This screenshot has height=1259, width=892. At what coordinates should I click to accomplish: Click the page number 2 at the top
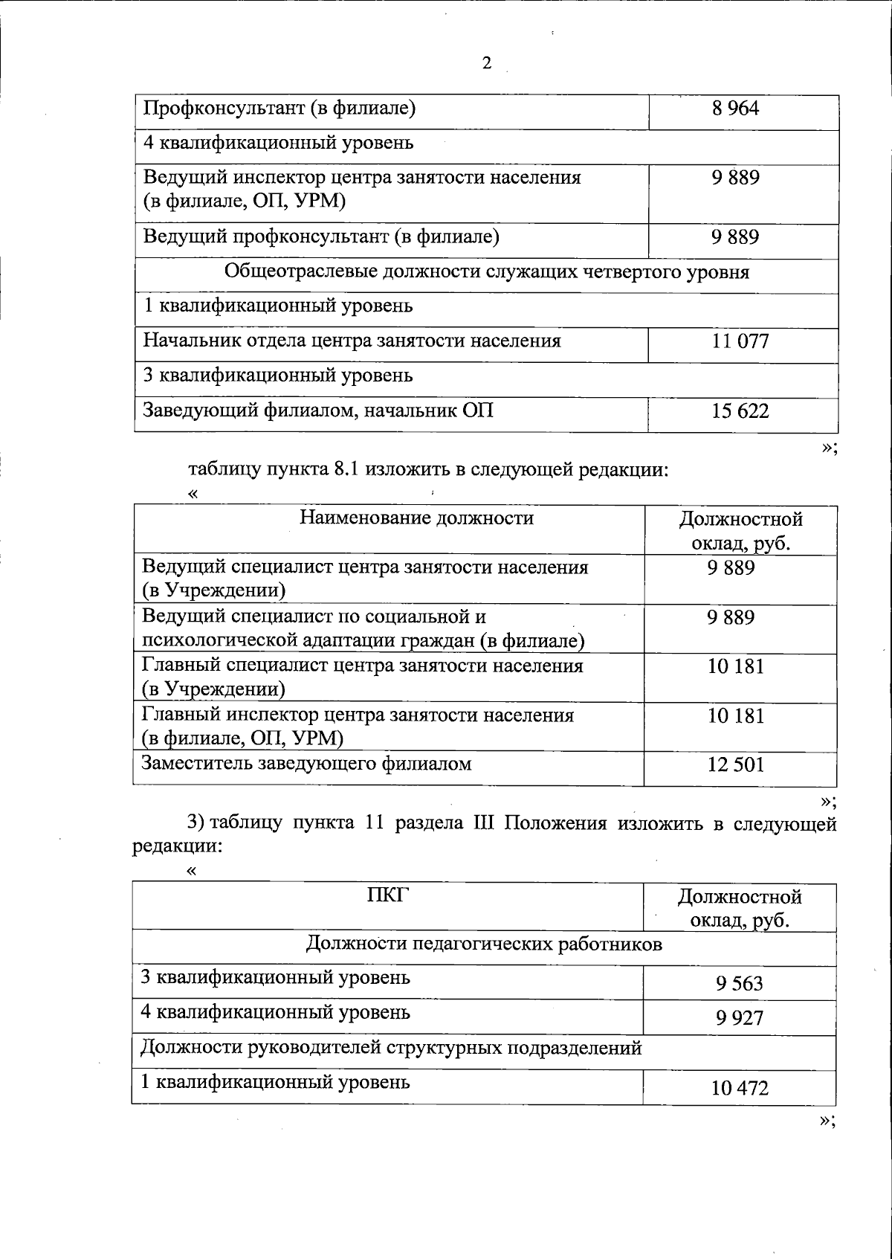point(487,63)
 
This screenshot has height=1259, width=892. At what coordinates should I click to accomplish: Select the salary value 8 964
point(735,109)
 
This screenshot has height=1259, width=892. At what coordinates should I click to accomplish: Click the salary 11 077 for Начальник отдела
point(740,342)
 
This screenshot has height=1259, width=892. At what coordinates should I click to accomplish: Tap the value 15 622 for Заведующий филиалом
point(740,411)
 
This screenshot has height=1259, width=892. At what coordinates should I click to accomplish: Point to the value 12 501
point(736,765)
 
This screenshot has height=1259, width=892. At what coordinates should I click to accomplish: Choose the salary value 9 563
point(740,984)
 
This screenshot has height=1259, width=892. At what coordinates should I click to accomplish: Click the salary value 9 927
point(740,1018)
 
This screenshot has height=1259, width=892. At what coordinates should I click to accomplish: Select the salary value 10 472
point(740,1089)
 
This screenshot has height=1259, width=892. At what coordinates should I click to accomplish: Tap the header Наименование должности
point(416,518)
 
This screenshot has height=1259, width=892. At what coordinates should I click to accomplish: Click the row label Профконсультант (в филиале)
point(279,109)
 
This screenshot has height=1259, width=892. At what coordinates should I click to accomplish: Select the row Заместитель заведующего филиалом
point(306,764)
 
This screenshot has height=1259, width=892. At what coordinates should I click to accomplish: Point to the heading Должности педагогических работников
point(484,944)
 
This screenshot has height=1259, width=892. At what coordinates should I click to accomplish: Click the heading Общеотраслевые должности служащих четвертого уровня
point(487,271)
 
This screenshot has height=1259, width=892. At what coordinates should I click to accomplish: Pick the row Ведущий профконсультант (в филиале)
point(320,237)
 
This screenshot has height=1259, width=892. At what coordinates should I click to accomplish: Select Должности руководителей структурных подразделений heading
point(391,1049)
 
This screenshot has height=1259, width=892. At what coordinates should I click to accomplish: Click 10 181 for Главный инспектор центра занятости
point(736,716)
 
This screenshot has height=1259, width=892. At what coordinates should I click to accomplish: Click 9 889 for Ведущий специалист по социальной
point(731,618)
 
